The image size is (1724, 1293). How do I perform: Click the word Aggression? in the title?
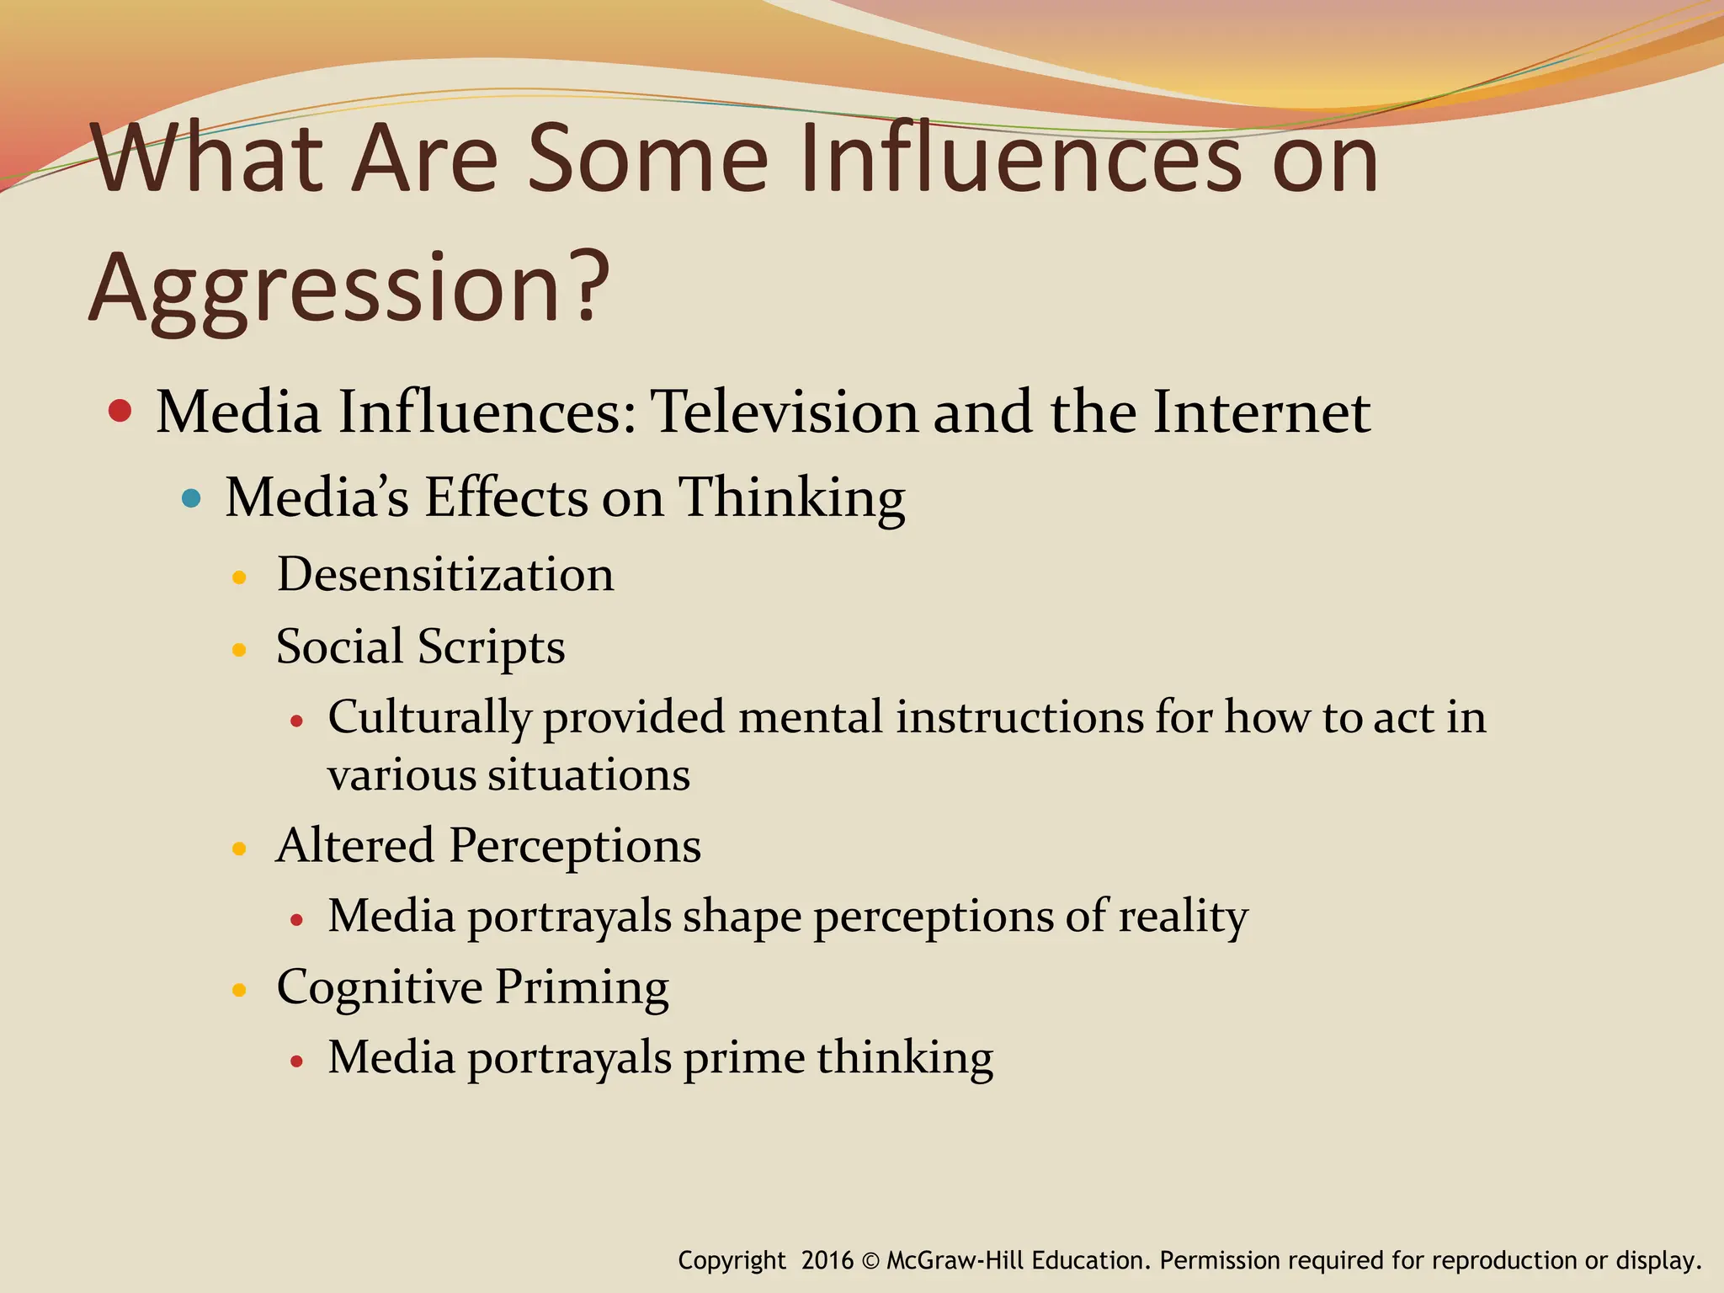click(x=349, y=288)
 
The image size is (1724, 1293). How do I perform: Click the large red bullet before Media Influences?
click(x=120, y=411)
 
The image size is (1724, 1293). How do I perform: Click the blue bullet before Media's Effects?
click(x=192, y=498)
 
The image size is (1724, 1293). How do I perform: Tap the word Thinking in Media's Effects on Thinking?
click(x=791, y=498)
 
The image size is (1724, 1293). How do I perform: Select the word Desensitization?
click(x=445, y=575)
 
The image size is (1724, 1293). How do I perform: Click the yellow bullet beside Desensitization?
click(x=239, y=578)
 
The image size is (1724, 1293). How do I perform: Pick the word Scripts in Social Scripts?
click(x=491, y=647)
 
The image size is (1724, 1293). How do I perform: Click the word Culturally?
click(x=429, y=718)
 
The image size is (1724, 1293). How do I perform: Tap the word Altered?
click(x=355, y=845)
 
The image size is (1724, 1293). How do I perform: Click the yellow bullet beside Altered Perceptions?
click(x=239, y=849)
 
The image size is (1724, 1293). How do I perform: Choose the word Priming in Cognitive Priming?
click(x=582, y=987)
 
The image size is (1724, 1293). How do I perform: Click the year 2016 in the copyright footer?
click(x=827, y=1260)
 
